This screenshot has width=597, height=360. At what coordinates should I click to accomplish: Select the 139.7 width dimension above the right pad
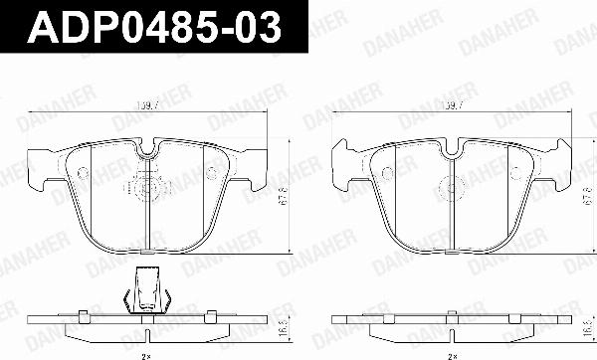tap(453, 104)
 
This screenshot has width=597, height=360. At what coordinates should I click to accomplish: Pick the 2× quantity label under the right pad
tap(453, 353)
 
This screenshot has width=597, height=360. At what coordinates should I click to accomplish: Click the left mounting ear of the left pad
tap(40, 169)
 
